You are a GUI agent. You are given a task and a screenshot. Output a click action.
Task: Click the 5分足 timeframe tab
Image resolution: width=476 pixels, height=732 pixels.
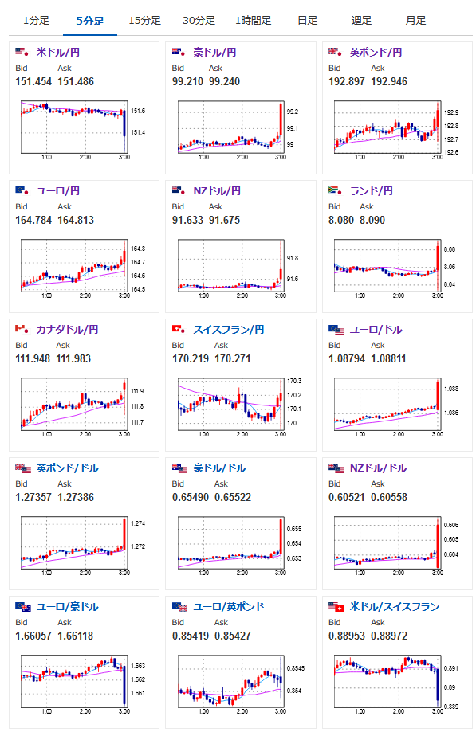[89, 21]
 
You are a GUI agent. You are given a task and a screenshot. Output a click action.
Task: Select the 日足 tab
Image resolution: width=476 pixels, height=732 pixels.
[308, 21]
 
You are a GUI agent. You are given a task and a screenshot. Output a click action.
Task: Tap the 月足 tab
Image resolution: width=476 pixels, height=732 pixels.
[415, 21]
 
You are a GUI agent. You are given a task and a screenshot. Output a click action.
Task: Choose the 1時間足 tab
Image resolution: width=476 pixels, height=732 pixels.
[254, 21]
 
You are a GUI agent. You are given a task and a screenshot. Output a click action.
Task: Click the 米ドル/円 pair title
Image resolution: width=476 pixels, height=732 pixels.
[58, 53]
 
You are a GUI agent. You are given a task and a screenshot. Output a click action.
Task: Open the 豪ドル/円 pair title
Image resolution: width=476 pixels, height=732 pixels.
[214, 53]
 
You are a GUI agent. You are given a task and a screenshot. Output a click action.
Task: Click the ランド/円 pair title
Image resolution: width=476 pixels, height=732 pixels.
[372, 191]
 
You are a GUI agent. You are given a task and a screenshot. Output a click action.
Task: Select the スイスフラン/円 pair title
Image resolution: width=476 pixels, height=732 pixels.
[229, 330]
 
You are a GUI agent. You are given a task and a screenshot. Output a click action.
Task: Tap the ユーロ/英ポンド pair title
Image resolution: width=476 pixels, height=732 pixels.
[229, 607]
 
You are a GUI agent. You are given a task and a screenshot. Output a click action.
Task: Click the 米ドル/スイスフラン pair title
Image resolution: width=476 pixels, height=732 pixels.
[395, 607]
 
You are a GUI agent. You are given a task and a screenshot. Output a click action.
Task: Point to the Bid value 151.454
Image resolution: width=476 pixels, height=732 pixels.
[33, 82]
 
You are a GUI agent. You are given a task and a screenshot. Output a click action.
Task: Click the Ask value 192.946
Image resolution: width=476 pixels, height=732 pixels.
[389, 82]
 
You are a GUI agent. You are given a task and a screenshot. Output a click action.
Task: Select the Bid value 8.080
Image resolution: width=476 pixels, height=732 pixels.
[341, 221]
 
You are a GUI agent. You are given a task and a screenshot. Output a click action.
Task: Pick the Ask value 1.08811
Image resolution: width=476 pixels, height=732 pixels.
[388, 359]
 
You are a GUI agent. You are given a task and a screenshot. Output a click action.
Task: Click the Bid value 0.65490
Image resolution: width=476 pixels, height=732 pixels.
[190, 498]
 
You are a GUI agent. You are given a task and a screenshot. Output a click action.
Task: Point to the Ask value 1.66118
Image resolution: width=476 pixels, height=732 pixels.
[75, 636]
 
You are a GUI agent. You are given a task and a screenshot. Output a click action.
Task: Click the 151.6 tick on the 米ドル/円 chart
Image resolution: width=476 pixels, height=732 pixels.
[138, 111]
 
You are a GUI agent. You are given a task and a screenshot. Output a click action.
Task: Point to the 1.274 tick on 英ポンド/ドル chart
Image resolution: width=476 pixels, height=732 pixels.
[138, 524]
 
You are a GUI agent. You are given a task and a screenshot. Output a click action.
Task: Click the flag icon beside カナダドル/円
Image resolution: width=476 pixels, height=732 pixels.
[22, 329]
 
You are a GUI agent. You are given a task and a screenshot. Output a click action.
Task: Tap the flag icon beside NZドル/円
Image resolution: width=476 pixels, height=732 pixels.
[179, 190]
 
